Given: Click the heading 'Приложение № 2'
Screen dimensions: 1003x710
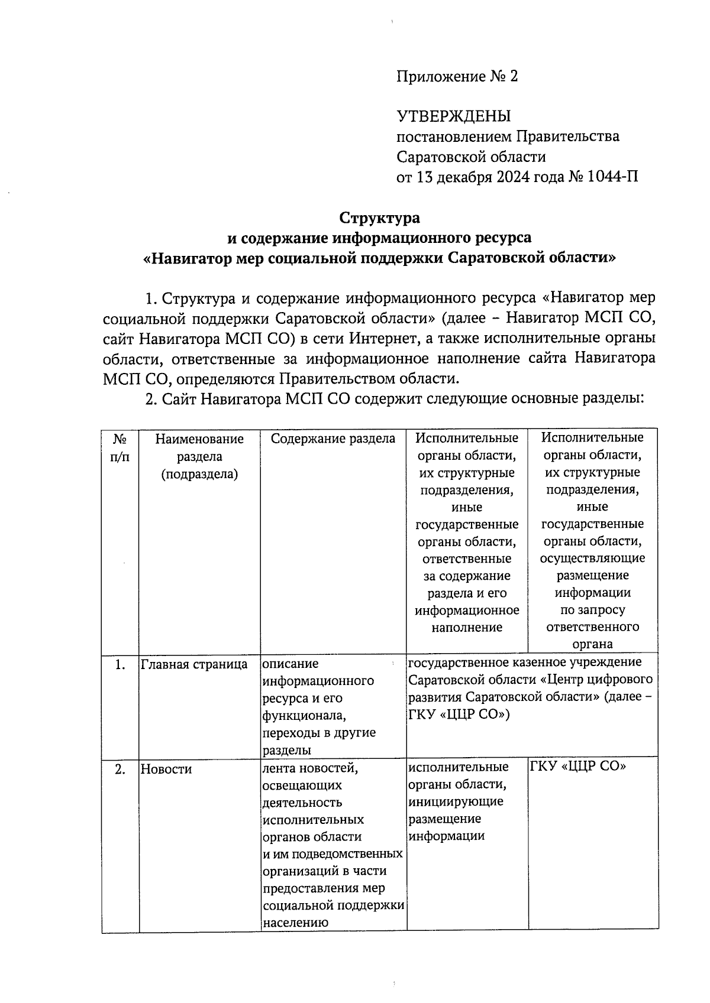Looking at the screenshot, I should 457,76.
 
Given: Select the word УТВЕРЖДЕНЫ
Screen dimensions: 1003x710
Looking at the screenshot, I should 453,116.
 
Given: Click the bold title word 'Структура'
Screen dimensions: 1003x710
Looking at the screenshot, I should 379,218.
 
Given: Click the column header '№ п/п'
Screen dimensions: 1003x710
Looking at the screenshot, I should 120,447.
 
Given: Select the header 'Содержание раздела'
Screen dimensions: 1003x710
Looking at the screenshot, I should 333,439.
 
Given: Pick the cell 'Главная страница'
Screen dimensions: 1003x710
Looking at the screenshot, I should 194,664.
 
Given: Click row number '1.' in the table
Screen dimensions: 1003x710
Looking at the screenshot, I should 120,664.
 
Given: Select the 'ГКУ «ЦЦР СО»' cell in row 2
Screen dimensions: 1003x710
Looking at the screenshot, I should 578,767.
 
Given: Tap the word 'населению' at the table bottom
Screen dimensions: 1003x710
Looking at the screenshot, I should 295,923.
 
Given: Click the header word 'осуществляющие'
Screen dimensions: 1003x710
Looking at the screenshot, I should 592,558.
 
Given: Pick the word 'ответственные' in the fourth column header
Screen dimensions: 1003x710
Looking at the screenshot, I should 466,559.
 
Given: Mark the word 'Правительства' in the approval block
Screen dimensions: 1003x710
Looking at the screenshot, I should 568,137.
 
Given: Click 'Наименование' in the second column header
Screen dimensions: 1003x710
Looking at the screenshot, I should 199,439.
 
